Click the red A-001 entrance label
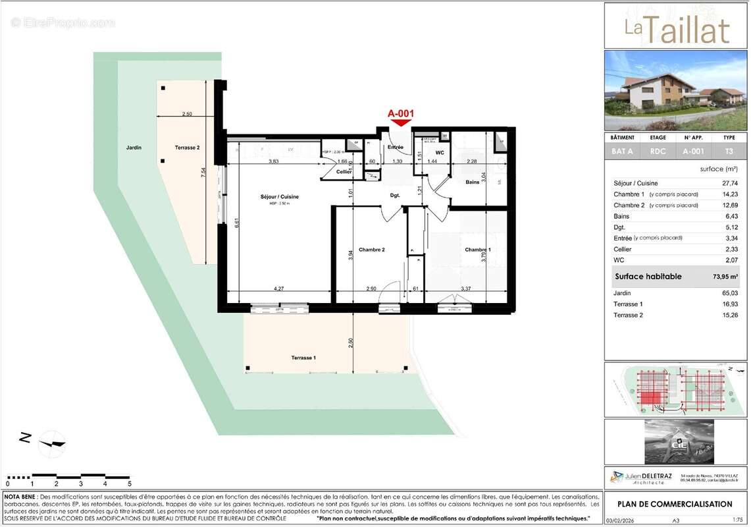coord(401,113)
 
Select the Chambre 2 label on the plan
coord(371,250)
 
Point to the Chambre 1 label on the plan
coord(478,250)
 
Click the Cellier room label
coord(344,172)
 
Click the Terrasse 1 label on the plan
coord(303,358)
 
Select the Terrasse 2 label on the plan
coord(188,148)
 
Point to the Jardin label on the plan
coord(134,148)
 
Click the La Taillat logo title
coord(677,30)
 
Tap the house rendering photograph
coord(677,90)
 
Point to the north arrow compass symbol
coord(51,443)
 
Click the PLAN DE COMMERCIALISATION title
coord(674,505)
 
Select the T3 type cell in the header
coord(729,151)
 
